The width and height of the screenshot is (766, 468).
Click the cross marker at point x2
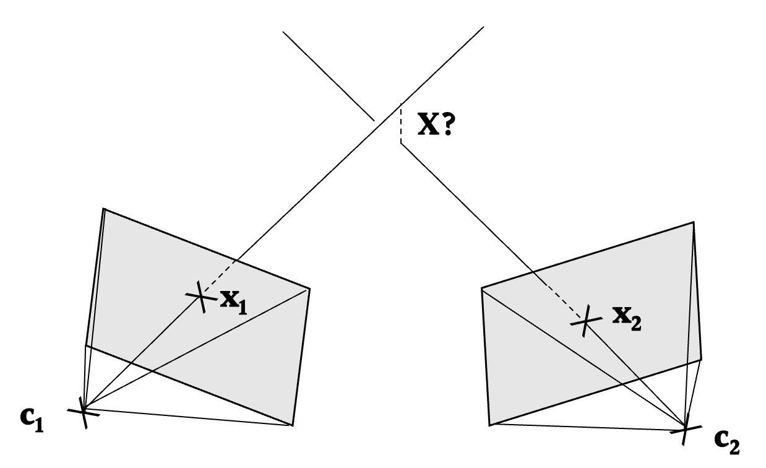pos(585,321)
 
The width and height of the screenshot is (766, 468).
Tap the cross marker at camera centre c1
pos(84,410)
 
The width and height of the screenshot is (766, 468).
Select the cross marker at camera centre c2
pos(685,428)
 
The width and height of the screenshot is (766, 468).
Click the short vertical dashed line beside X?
pos(400,124)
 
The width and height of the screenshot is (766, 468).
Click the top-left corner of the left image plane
pos(104,209)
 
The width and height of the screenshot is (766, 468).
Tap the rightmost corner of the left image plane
pos(309,288)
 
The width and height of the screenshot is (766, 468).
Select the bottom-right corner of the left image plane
pos(291,425)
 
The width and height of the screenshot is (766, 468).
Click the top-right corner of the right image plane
pos(694,223)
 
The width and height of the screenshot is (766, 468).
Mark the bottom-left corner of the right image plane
pos(490,425)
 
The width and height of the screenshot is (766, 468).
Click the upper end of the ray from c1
pos(483,27)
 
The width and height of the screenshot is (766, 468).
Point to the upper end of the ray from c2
pos(283,31)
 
